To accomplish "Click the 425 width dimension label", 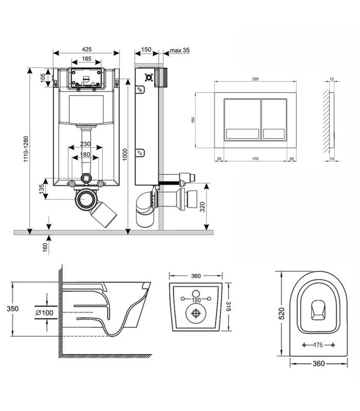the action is [x=87, y=49].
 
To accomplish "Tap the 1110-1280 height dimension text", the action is [x=26, y=149].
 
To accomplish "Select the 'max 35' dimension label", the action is [x=179, y=50].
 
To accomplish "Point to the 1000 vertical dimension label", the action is [x=125, y=155].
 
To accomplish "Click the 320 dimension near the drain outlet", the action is [x=202, y=207].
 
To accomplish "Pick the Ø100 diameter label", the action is [x=44, y=313].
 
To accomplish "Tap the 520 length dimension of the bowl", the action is [x=281, y=313].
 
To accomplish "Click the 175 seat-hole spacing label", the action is [x=318, y=345].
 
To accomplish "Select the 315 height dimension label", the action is [x=228, y=306].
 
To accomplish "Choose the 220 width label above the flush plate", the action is [x=255, y=79].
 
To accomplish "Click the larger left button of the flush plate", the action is [x=242, y=119].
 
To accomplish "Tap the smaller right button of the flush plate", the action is [x=274, y=119].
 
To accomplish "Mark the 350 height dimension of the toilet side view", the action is [x=12, y=309].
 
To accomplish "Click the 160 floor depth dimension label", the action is [x=45, y=248].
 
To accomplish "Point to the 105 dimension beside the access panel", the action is [x=43, y=78].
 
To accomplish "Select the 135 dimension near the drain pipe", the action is [x=42, y=189].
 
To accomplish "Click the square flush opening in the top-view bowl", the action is [x=318, y=310].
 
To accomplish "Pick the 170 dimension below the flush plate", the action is [x=255, y=159].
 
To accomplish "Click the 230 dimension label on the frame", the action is [x=85, y=144].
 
